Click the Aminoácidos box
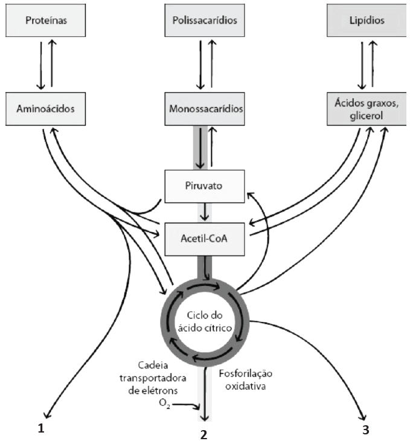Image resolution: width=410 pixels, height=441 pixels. (46, 109)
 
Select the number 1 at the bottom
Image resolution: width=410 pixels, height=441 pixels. (41, 430)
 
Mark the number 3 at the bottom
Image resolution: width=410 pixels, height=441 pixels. (366, 430)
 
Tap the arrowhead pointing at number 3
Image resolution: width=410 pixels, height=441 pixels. (364, 417)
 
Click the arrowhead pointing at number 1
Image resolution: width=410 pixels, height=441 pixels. (46, 417)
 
